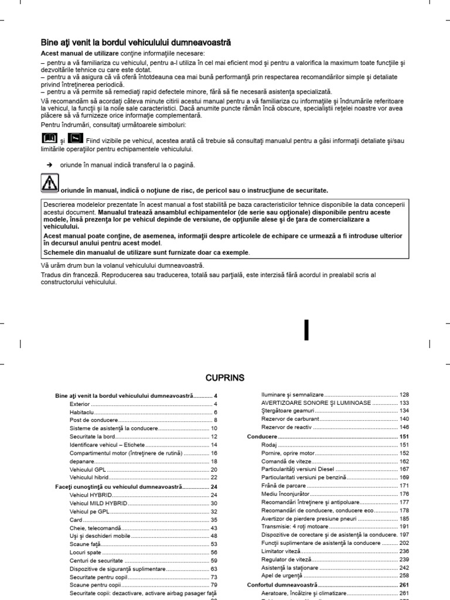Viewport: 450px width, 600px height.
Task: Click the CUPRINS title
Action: pos(225,377)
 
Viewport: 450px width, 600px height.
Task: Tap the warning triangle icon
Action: pos(50,184)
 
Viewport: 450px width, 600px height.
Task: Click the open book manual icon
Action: pos(50,138)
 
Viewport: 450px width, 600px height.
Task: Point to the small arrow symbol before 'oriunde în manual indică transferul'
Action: pos(50,166)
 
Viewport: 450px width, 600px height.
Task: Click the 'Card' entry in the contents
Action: pos(75,520)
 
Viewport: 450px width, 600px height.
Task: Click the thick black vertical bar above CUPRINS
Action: pos(305,330)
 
